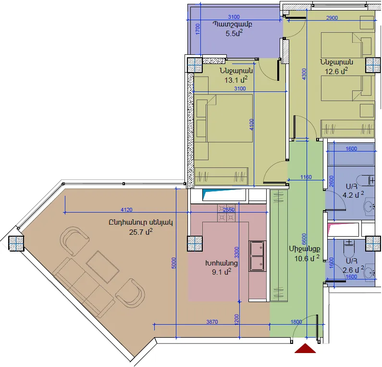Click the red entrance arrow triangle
pyautogui.click(x=305, y=348)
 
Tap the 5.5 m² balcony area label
pyautogui.click(x=234, y=33)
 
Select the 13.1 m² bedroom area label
pyautogui.click(x=236, y=79)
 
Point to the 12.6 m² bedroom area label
pyautogui.click(x=336, y=71)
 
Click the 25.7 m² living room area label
pyautogui.click(x=141, y=232)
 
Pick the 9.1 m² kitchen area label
pyautogui.click(x=222, y=272)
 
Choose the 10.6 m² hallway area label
pyautogui.click(x=307, y=258)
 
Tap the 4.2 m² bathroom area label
pyautogui.click(x=353, y=195)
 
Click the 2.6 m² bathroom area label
pyautogui.click(x=353, y=270)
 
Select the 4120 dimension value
pyautogui.click(x=127, y=210)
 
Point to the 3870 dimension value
pyautogui.click(x=212, y=322)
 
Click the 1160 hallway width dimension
pyautogui.click(x=306, y=177)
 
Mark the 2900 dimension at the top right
pyautogui.click(x=332, y=18)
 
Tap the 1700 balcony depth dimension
pyautogui.click(x=197, y=29)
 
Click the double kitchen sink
pyautogui.click(x=257, y=256)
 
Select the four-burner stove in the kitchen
pyautogui.click(x=227, y=213)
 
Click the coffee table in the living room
pyautogui.click(x=102, y=267)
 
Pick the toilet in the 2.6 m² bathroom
pyautogui.click(x=349, y=248)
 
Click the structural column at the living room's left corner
pyautogui.click(x=16, y=243)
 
